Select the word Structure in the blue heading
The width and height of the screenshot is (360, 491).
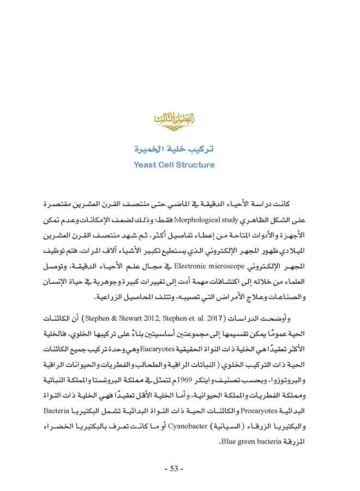coord(194,164)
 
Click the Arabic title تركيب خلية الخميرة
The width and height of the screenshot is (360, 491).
coord(174,148)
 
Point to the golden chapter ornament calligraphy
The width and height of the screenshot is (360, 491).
coord(174,119)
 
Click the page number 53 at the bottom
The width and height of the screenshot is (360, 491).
coord(175,469)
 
